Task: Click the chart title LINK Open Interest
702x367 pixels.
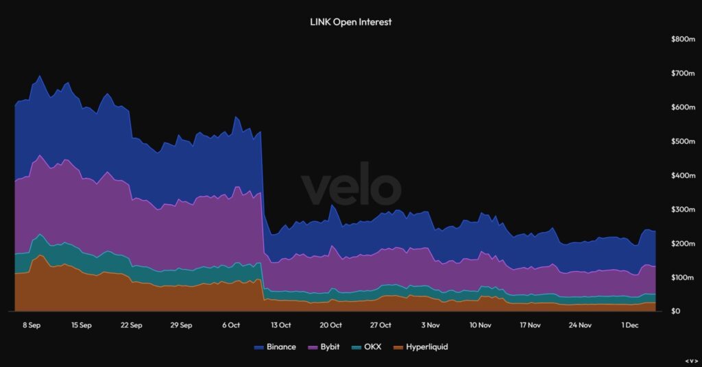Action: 350,22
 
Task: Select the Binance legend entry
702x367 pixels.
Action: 275,347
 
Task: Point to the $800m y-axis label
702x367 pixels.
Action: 683,40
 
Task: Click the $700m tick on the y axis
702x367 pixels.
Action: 683,73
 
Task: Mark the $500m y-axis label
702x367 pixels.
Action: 683,142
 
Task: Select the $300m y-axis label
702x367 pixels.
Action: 683,210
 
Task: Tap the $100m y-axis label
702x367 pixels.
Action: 683,278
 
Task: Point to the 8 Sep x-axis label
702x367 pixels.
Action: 32,325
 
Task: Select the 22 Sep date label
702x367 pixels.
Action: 131,325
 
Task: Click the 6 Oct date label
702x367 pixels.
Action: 231,325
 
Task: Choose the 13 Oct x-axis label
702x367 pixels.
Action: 281,325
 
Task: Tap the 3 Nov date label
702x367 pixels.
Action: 431,325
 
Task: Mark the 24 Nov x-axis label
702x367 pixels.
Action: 580,325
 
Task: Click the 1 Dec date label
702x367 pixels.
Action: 630,325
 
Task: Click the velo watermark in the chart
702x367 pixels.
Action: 350,188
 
